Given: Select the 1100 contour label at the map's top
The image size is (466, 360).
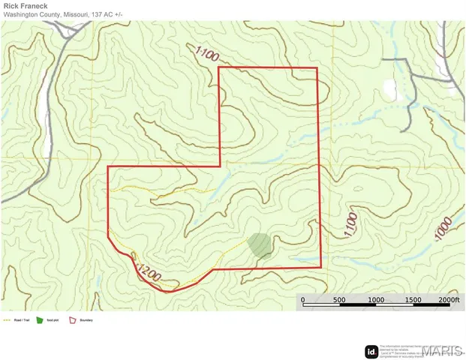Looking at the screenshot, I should coord(209,54).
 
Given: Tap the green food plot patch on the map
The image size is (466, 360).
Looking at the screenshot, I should coord(260,245).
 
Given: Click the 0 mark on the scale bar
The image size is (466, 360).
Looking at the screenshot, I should coord(303,300).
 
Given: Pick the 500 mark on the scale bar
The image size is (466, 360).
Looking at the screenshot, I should coord(339,300).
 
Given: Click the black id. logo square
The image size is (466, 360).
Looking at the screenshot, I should coord(371,352).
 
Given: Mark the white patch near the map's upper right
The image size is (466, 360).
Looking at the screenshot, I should coord(389,88).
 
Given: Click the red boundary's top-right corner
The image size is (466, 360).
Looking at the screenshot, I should coord(318,67).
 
